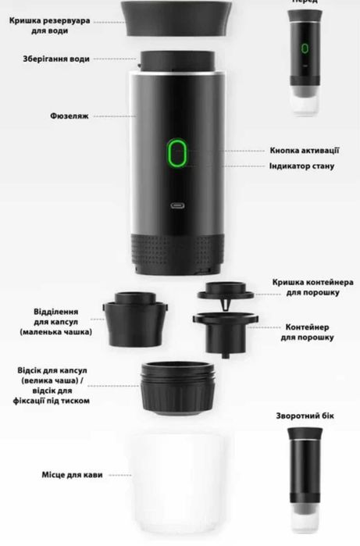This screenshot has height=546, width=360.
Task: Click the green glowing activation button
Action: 177,154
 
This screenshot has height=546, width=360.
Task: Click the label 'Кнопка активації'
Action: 305,151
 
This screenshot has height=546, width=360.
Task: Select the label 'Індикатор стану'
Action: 304,166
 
